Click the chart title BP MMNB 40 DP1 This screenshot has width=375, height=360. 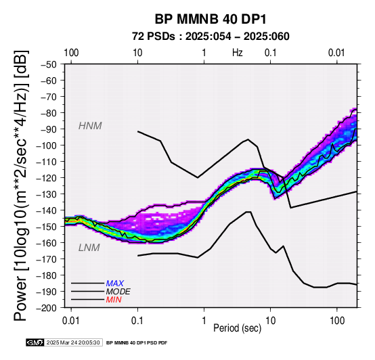coord(211,19)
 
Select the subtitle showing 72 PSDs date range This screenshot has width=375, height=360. coord(211,37)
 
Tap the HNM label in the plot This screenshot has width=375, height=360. coord(90,126)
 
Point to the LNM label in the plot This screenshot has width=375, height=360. coord(89,248)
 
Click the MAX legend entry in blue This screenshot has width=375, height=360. coord(115,284)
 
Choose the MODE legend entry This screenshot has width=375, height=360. coord(118,292)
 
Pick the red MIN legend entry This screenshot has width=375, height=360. coord(114,300)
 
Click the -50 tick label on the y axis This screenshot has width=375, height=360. coord(49,64)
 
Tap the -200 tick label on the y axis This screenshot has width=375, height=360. coord(47,308)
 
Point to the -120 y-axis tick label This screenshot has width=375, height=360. coord(47,178)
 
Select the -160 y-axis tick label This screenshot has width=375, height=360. coord(47,243)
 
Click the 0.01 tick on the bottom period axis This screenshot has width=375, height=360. coord(70,321)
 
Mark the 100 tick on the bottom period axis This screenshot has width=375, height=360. coord(337,321)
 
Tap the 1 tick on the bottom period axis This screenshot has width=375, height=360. coord(204,321)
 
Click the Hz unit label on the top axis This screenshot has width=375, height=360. coord(238,53)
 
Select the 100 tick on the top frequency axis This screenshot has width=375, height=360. coord(71,53)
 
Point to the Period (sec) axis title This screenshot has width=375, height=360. coord(237,328)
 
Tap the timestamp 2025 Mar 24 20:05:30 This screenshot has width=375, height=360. coord(73,342)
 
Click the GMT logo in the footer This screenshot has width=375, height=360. coord(35,342)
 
